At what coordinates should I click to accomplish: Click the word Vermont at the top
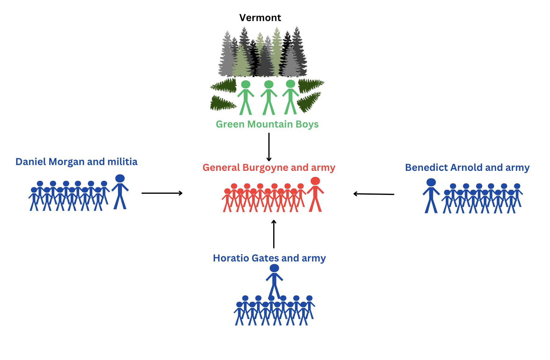[260, 18]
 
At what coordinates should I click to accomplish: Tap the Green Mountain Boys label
[267, 124]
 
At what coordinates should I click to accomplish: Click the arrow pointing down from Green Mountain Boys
[269, 147]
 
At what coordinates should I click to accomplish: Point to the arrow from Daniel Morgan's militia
[162, 193]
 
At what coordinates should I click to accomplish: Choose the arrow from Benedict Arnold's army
[374, 194]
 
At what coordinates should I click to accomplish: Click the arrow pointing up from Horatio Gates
[274, 234]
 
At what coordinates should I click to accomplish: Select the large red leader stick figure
[315, 194]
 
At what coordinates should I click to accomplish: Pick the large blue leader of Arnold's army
[431, 196]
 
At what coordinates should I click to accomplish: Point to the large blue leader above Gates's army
[274, 281]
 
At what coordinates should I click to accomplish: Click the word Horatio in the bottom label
[230, 258]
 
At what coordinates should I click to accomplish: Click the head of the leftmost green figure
[246, 84]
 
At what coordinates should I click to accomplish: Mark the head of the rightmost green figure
[291, 84]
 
